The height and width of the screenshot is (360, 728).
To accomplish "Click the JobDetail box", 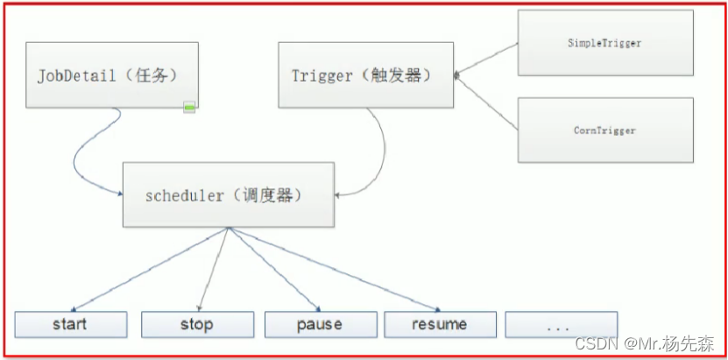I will pyautogui.click(x=110, y=74).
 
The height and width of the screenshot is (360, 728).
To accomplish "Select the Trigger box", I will pyautogui.click(x=366, y=74).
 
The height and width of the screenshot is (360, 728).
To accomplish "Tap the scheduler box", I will pyautogui.click(x=228, y=194).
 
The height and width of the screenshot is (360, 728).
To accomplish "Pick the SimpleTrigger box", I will pyautogui.click(x=605, y=43).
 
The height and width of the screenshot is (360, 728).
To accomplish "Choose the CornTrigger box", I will pyautogui.click(x=605, y=130).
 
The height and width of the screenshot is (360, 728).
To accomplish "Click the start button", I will pyautogui.click(x=69, y=324).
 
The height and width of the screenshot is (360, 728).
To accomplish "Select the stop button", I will pyautogui.click(x=196, y=324).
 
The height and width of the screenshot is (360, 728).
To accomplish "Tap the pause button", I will pyautogui.click(x=319, y=324).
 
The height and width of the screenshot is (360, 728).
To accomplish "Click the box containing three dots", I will pyautogui.click(x=561, y=324).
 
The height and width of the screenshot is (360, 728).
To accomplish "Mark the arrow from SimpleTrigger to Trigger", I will pyautogui.click(x=486, y=60).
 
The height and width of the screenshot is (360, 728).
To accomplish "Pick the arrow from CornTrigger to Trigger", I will pyautogui.click(x=486, y=103).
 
